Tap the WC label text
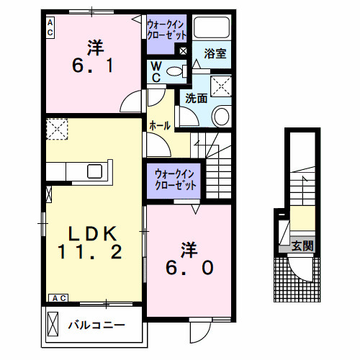(x=156, y=72)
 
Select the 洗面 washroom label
(x=196, y=98)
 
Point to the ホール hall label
(x=159, y=125)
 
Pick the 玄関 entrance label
(x=302, y=246)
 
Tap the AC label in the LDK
(x=58, y=297)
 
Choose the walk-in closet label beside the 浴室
(x=167, y=31)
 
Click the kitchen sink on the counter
(x=94, y=171)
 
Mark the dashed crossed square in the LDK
(x=56, y=129)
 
